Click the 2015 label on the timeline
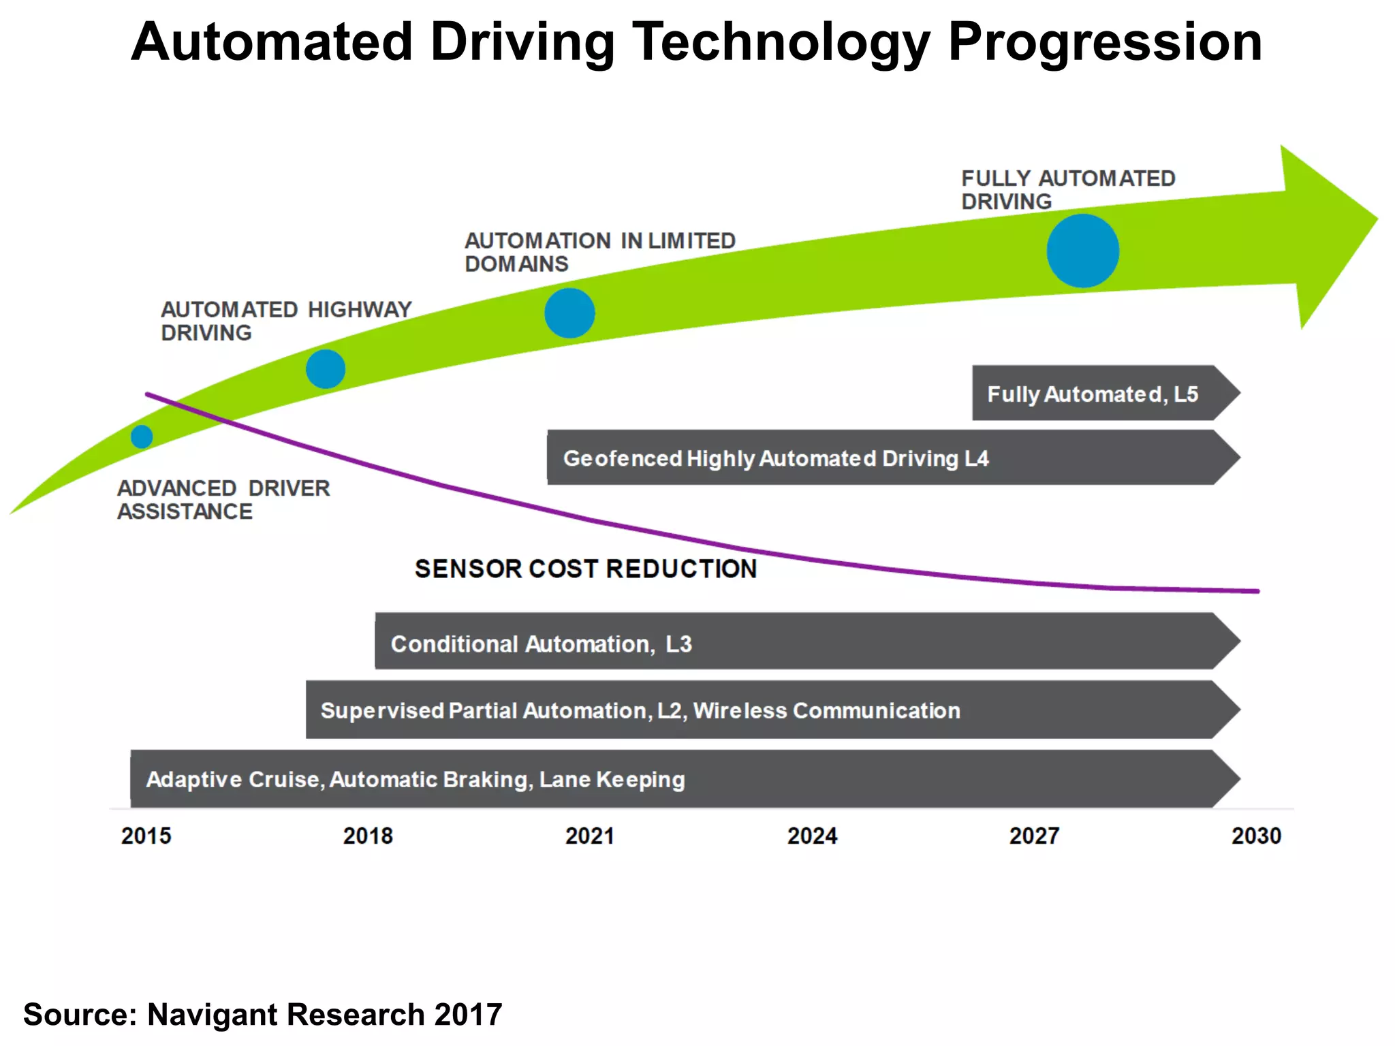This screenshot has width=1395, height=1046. (x=146, y=836)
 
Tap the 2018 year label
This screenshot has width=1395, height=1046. (x=368, y=836)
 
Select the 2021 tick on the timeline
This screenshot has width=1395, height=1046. (x=590, y=836)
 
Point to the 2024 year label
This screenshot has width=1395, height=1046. (x=812, y=836)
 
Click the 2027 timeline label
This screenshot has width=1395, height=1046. (x=1034, y=836)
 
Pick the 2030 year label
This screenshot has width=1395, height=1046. (x=1256, y=836)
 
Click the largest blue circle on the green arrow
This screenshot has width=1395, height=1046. (x=1082, y=251)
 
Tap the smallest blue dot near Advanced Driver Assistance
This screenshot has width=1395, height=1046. (x=142, y=437)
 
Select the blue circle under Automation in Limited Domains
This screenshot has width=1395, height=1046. (x=569, y=313)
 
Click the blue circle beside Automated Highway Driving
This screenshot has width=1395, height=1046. (x=326, y=369)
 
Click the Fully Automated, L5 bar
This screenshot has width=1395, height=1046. (x=1093, y=394)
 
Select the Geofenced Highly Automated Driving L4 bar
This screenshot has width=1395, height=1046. (x=776, y=458)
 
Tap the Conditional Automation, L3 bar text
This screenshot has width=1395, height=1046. (x=541, y=644)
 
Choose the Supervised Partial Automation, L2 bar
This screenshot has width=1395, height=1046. (x=640, y=710)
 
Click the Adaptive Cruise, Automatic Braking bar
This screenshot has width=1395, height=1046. (x=416, y=779)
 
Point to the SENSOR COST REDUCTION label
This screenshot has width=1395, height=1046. (x=586, y=569)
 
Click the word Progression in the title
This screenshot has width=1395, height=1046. (x=1105, y=42)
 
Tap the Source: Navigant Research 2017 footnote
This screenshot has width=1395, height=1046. (x=263, y=1015)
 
